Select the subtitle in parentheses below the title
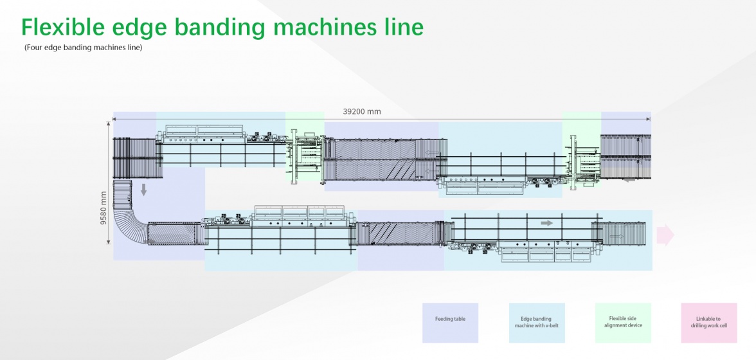click(83, 48)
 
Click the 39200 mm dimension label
click(361, 111)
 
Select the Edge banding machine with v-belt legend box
click(537, 322)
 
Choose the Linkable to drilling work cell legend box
click(708, 322)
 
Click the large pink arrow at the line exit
click(665, 235)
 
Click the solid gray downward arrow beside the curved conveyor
click(143, 188)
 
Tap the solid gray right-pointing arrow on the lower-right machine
click(546, 223)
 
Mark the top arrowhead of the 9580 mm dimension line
click(109, 123)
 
